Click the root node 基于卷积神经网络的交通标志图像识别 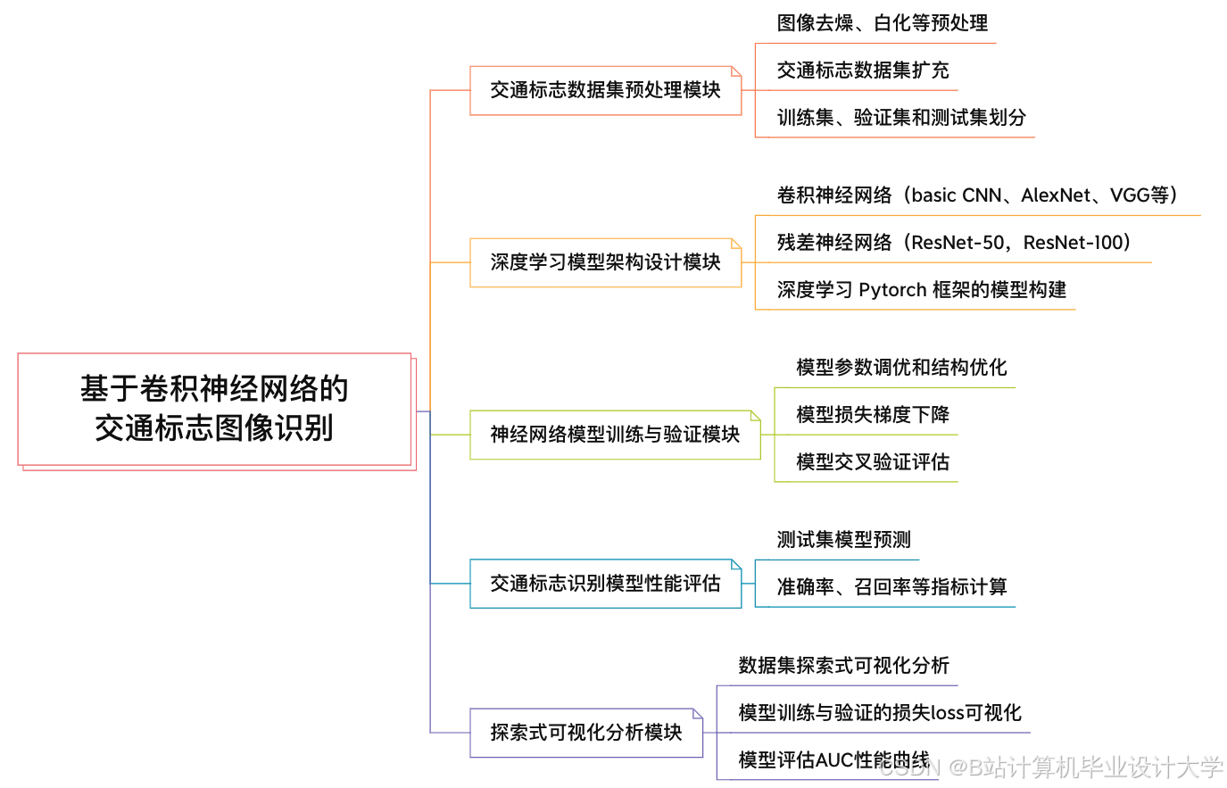pos(214,409)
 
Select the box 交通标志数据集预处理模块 pos(605,90)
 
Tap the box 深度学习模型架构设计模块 pos(605,262)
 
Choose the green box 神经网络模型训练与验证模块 pos(615,435)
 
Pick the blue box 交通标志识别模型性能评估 pos(605,584)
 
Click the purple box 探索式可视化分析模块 pos(585,733)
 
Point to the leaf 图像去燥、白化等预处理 pos(882,23)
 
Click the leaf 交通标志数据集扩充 pos(862,71)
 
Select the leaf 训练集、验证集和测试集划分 pos(901,118)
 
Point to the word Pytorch pos(892,290)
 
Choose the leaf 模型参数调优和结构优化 pos(901,368)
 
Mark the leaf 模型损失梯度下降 pos(872,415)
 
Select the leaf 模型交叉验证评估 pos(872,462)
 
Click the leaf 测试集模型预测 pos(843,540)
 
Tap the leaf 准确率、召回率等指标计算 pos(891,587)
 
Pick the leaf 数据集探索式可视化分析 pos(843,666)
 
